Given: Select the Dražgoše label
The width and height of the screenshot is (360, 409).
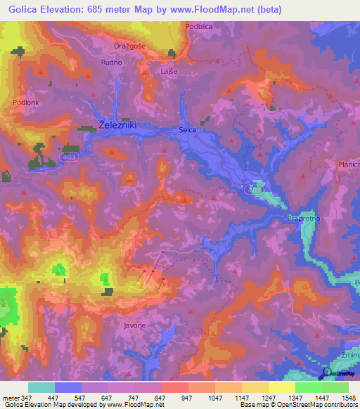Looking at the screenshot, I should coord(129,46).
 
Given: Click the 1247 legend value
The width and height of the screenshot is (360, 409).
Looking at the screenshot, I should coord(268,398).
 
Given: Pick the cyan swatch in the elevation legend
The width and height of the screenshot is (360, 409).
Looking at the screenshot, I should coord(41,387).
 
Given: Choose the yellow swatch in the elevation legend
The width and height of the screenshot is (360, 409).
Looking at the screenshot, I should coord(281,387).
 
